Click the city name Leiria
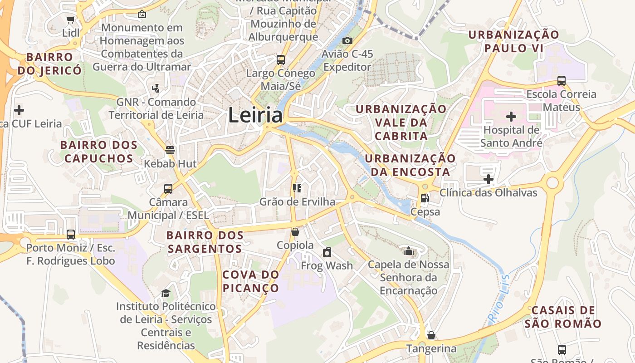pos(255,115)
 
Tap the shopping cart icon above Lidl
pos(70,20)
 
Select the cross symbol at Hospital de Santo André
pos(511,117)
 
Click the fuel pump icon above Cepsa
pos(425,198)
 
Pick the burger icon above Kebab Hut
pos(170,150)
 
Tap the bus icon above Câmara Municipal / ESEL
pos(168,188)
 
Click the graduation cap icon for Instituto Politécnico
pos(166,293)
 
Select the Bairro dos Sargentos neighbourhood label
pos(205,242)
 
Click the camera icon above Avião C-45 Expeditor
pos(347,41)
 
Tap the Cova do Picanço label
pos(251,281)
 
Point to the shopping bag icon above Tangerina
pos(431,335)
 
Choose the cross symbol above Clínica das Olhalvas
pos(488,179)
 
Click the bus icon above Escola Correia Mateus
pos(562,81)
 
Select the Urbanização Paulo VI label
pos(514,41)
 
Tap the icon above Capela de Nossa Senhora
pos(409,251)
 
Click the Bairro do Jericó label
pos(50,64)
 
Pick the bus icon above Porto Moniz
pos(71,234)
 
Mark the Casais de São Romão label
pos(563,317)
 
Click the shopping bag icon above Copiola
pos(295,232)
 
